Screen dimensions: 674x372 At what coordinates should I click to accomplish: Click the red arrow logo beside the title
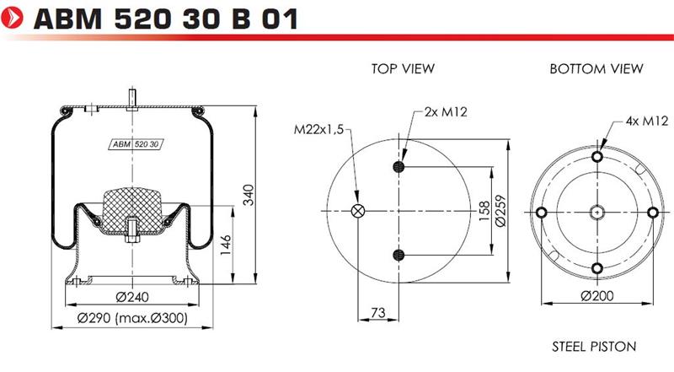(x=12, y=18)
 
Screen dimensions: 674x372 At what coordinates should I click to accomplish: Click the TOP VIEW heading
(x=403, y=68)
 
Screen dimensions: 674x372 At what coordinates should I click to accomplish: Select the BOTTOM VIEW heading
(x=596, y=68)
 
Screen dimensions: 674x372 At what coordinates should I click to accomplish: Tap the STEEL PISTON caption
(x=594, y=347)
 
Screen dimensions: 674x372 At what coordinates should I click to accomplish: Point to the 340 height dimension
(x=249, y=195)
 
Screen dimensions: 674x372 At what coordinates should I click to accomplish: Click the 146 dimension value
(x=225, y=245)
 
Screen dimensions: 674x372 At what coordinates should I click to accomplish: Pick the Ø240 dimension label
(x=132, y=297)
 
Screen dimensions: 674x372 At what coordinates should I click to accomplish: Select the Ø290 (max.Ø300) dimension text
(x=132, y=318)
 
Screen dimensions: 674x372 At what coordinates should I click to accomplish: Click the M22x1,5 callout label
(x=318, y=129)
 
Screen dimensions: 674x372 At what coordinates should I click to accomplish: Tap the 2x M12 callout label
(x=446, y=112)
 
